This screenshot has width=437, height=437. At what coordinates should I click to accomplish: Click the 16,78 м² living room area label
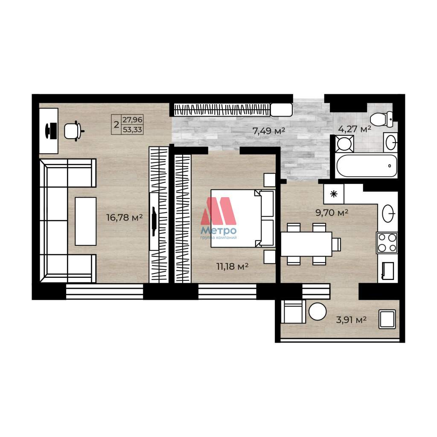click(125, 217)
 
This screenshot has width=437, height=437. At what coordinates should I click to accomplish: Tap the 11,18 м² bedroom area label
click(233, 266)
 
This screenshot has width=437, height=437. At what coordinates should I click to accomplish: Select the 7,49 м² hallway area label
click(269, 131)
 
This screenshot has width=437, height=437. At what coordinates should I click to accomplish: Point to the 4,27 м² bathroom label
click(355, 129)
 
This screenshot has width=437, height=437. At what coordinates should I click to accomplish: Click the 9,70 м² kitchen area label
click(332, 213)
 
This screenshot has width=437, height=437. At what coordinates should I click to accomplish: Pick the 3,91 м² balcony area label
click(351, 320)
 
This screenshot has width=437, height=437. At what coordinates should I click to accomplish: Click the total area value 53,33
click(132, 130)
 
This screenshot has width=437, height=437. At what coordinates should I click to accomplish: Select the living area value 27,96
click(132, 119)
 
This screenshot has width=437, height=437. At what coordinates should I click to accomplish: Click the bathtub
click(367, 166)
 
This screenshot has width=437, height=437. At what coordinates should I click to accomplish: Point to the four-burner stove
click(387, 243)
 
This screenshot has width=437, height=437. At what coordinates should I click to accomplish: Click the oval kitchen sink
click(388, 213)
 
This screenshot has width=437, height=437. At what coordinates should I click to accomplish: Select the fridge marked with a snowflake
click(334, 194)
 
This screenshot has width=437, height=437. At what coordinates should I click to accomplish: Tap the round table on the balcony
click(318, 312)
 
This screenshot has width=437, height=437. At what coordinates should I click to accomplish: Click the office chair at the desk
click(74, 131)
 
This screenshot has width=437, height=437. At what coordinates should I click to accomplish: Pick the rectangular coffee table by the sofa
click(85, 221)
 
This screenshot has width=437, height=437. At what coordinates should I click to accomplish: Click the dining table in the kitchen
click(306, 244)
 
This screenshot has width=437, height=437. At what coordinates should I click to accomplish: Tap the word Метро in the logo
click(218, 230)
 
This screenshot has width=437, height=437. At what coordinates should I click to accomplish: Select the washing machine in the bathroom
click(344, 144)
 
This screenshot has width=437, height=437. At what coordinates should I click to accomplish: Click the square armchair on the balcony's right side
click(387, 319)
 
